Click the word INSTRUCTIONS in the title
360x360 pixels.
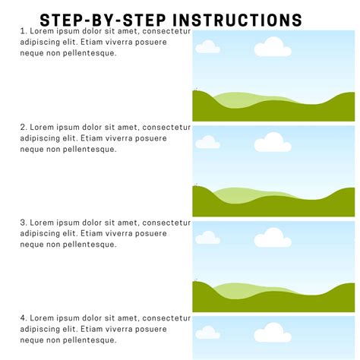pyautogui.click(x=238, y=19)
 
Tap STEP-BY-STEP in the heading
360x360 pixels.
pyautogui.click(x=104, y=19)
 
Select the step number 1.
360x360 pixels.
pyautogui.click(x=23, y=32)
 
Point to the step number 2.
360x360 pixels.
pyautogui.click(x=23, y=128)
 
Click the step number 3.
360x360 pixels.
pyautogui.click(x=23, y=223)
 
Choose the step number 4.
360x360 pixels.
pyautogui.click(x=23, y=318)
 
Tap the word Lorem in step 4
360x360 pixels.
pyautogui.click(x=43, y=318)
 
